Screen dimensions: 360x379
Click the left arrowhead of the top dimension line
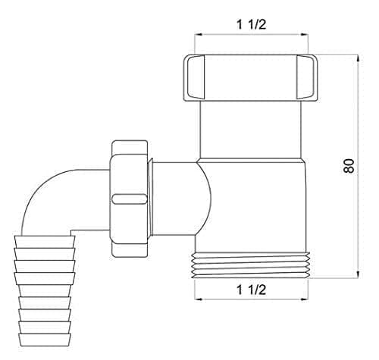pyautogui.click(x=199, y=36)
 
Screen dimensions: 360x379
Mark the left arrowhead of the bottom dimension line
pyautogui.click(x=199, y=299)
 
